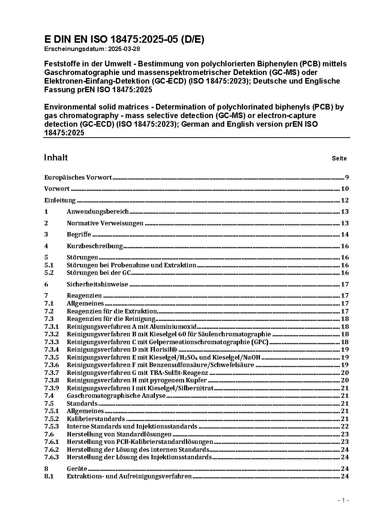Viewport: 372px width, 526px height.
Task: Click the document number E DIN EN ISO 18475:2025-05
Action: (124, 39)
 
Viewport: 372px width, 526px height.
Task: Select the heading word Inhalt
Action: (56, 157)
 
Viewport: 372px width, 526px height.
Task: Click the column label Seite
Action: (339, 158)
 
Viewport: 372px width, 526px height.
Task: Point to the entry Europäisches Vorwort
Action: (78, 177)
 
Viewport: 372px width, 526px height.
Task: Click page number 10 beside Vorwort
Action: (345, 189)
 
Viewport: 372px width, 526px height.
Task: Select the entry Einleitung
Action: (60, 200)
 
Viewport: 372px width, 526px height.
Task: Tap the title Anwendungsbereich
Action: (97, 211)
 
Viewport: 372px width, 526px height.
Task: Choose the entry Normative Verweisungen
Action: (105, 223)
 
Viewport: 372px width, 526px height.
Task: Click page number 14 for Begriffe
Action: (345, 234)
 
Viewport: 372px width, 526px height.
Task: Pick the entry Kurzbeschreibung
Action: (94, 246)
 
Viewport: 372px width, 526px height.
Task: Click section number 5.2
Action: (49, 273)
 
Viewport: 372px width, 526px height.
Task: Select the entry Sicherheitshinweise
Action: (97, 284)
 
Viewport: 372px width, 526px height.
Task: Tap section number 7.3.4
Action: (51, 349)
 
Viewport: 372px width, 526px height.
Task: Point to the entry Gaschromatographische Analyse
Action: (116, 396)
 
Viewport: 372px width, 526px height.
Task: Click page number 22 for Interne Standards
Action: (345, 426)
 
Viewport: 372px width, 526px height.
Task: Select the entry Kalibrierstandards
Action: (96, 419)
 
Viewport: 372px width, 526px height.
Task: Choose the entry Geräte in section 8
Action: (77, 469)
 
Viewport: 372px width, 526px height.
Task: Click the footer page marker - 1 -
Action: (343, 500)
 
